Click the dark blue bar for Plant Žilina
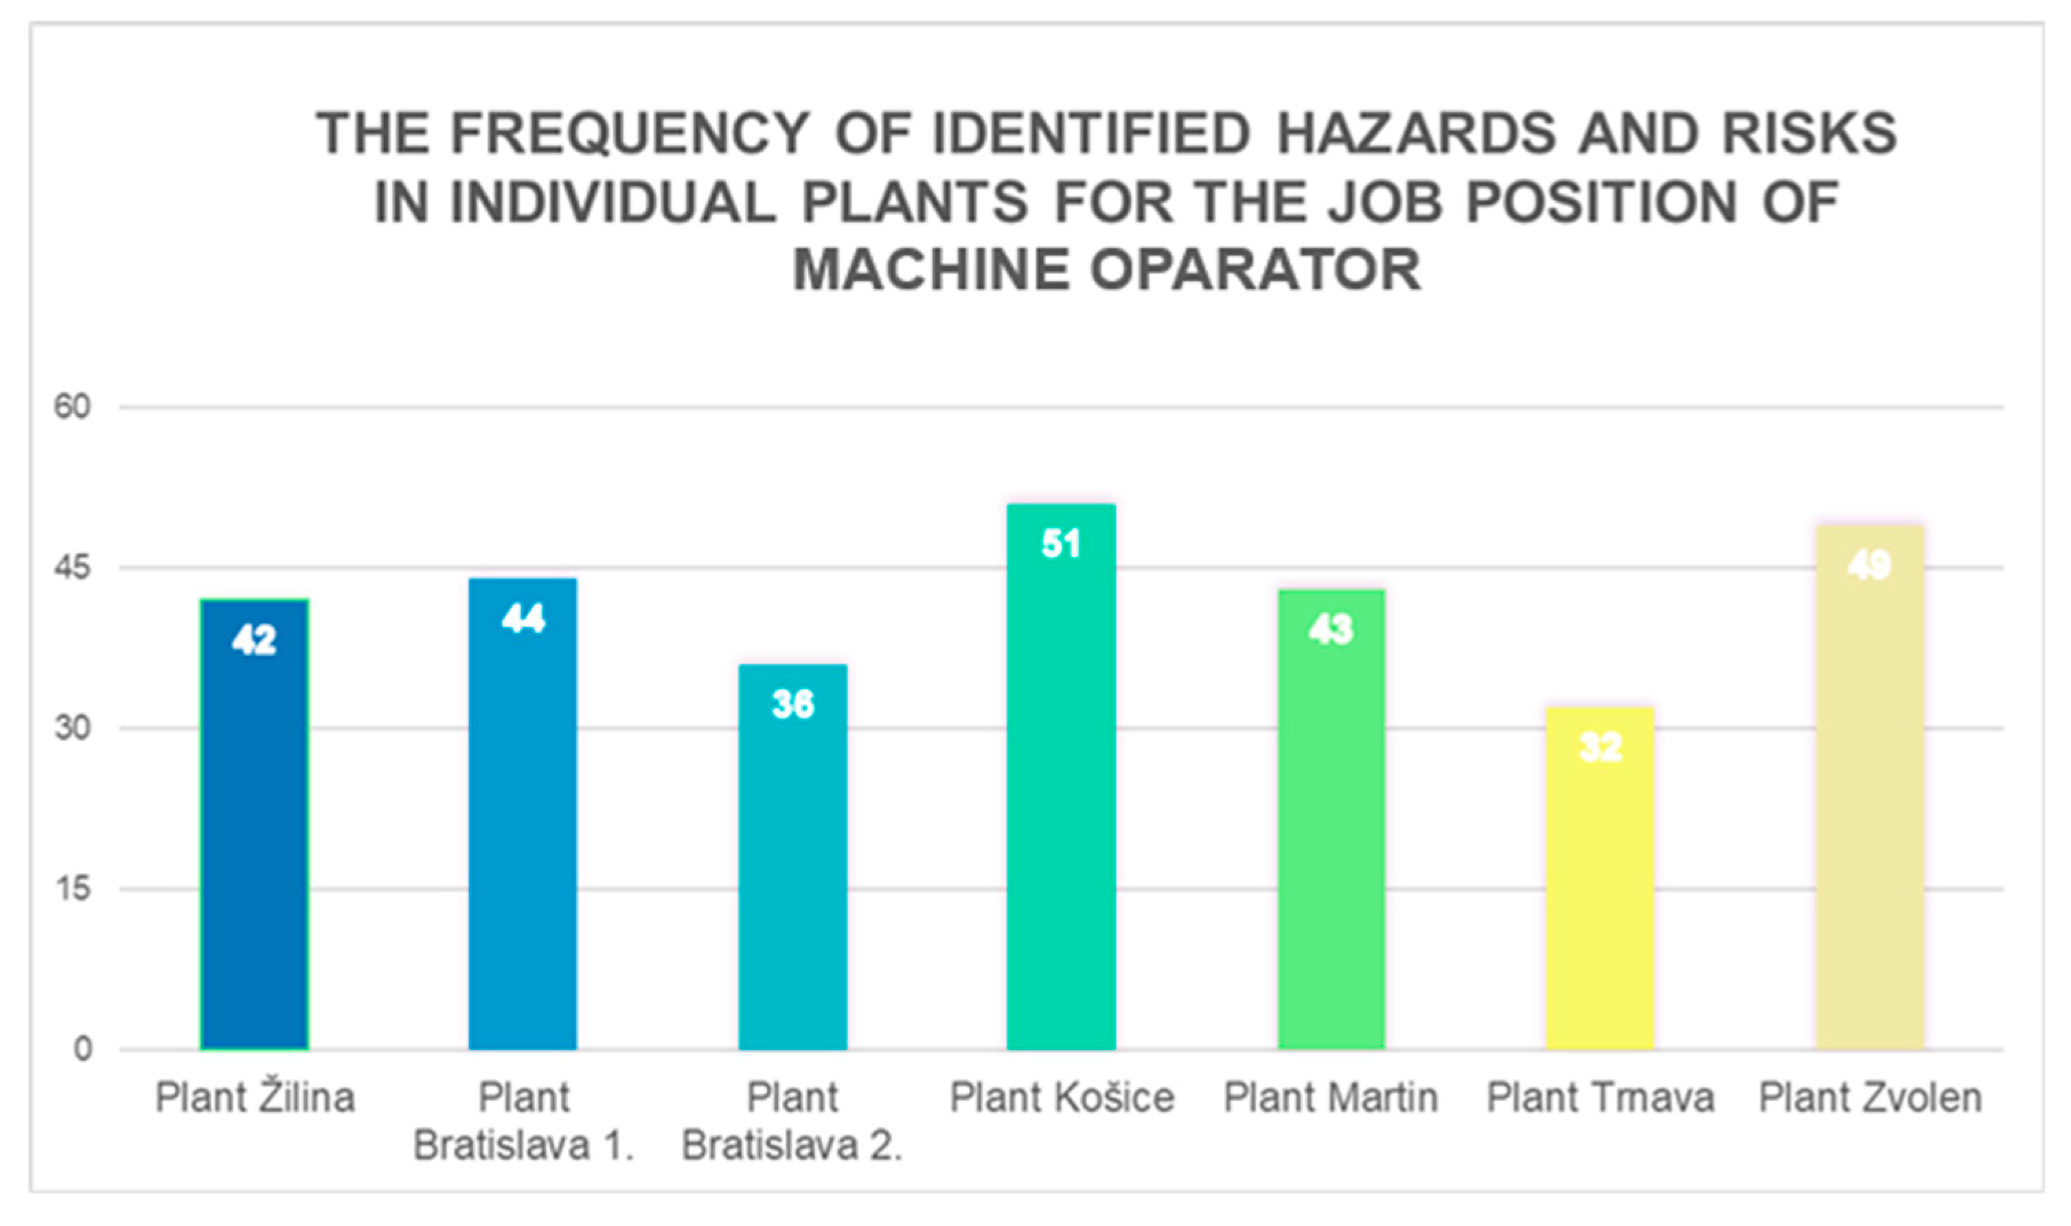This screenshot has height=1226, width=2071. [x=254, y=824]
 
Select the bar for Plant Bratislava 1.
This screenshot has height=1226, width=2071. [x=523, y=814]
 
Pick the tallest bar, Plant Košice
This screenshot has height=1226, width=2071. [x=1061, y=777]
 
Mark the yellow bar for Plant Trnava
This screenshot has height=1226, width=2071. [x=1601, y=878]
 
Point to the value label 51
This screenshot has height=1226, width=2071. [x=1061, y=543]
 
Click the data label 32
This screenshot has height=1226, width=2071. [x=1601, y=747]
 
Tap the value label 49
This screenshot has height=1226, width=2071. [x=1870, y=565]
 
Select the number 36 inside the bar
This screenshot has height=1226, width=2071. [x=792, y=704]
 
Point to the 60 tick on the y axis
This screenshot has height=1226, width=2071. [x=72, y=407]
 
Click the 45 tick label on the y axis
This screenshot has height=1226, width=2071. [x=72, y=567]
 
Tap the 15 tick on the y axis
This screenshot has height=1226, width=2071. [x=73, y=889]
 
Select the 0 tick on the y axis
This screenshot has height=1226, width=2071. [x=82, y=1049]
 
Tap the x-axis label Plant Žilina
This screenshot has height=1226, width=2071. [x=255, y=1096]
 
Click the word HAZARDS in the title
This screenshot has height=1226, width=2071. [x=1416, y=134]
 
